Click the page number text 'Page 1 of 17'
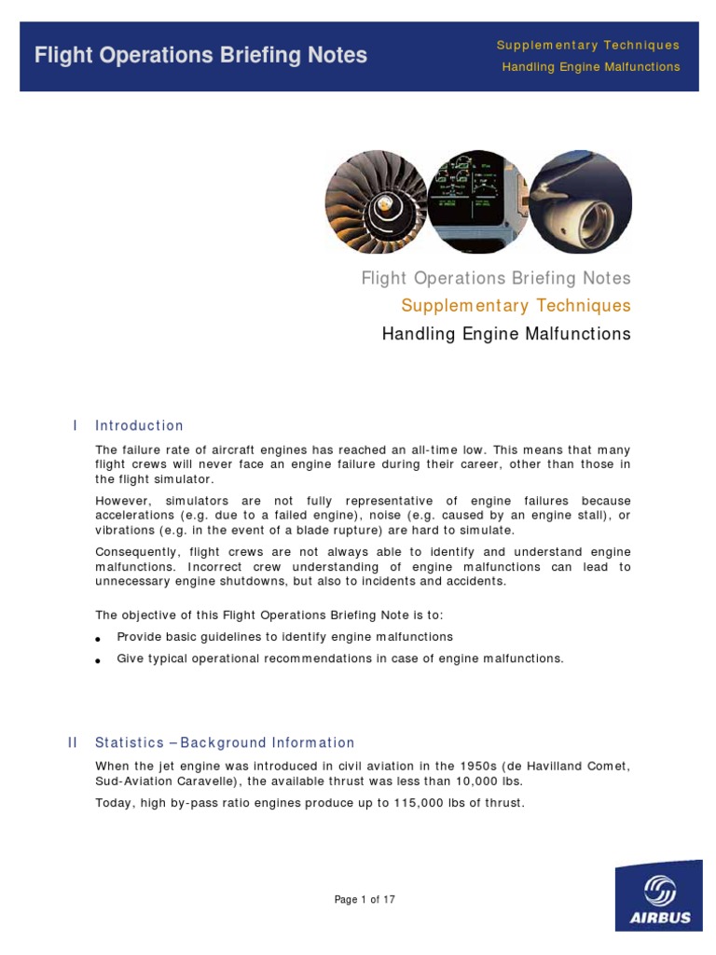pos(365,900)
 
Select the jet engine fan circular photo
pos(376,201)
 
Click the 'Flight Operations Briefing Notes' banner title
pos(200,55)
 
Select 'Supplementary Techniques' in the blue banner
pos(587,45)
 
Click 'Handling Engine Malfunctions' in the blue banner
pos(591,67)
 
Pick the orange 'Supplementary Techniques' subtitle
pos(516,305)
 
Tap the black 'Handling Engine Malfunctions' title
pos(506,334)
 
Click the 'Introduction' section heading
pos(139,425)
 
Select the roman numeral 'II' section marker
pos(74,742)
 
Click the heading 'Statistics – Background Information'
pos(225,743)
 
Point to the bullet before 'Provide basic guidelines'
pos(98,638)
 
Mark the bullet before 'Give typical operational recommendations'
pos(98,660)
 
